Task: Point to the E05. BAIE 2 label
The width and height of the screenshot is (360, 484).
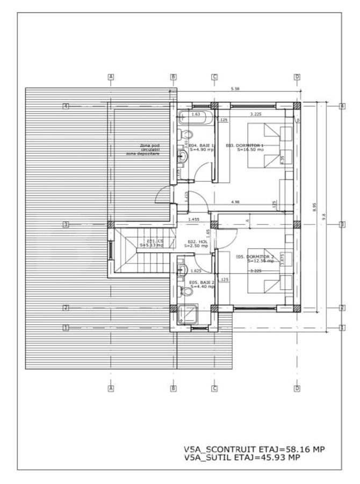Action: click(202, 284)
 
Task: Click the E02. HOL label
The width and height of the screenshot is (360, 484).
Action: click(193, 243)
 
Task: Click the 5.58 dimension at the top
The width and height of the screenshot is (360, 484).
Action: click(235, 89)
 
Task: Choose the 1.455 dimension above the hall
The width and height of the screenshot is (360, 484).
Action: click(193, 219)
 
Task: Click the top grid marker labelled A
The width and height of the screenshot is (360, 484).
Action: click(111, 77)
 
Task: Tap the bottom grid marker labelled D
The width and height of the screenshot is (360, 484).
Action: click(297, 388)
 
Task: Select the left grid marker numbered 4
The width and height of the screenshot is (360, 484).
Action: click(66, 106)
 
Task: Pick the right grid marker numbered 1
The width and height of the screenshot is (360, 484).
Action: click(342, 327)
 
